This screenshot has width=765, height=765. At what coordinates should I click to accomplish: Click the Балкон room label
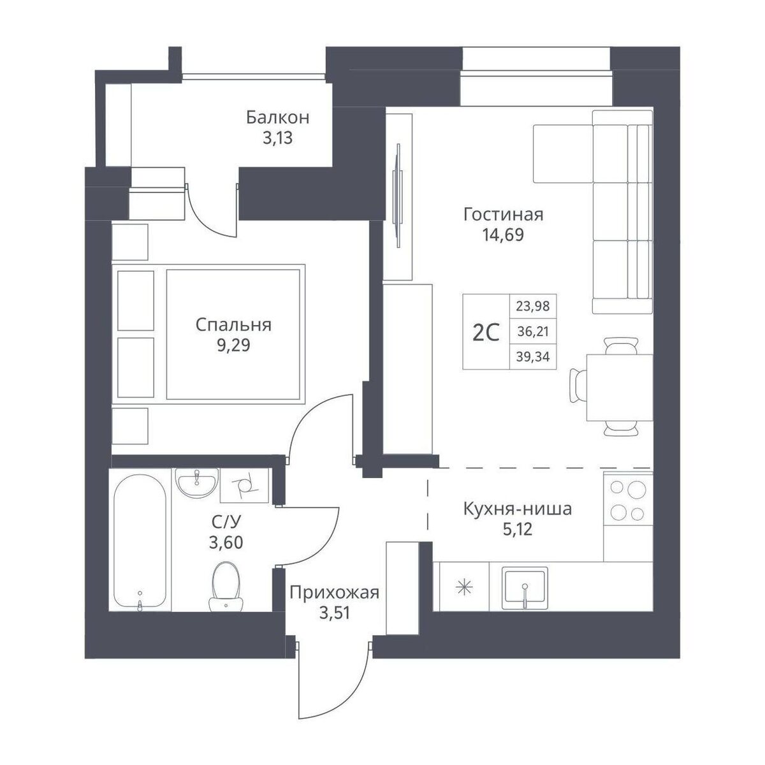(x=277, y=117)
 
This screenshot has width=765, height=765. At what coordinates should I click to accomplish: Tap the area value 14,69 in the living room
(x=503, y=235)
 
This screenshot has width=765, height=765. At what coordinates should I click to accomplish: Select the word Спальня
(x=233, y=324)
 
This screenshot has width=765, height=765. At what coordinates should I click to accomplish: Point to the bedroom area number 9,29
(x=233, y=345)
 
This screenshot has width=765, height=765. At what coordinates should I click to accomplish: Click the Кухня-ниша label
(x=518, y=509)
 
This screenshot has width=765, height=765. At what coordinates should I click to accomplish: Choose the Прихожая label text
(x=334, y=593)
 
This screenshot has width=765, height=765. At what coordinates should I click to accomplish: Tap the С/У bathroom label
(x=226, y=523)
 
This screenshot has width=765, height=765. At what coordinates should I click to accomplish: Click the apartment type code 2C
(x=486, y=333)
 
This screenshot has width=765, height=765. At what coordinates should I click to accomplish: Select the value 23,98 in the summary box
(x=533, y=306)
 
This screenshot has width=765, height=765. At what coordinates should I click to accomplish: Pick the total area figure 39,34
(x=533, y=357)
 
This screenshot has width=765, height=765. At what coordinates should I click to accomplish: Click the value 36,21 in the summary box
(x=533, y=331)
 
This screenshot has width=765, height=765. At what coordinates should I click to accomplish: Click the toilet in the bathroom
(x=226, y=586)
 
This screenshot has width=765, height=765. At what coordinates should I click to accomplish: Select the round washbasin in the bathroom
(x=197, y=483)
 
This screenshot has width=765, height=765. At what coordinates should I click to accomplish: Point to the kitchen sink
(x=525, y=588)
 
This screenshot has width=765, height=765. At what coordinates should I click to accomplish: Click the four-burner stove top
(x=628, y=500)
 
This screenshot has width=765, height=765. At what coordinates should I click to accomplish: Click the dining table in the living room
(x=619, y=388)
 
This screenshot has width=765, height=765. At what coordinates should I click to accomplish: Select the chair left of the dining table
(x=578, y=386)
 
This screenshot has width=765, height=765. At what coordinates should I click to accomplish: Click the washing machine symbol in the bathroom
(x=245, y=486)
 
